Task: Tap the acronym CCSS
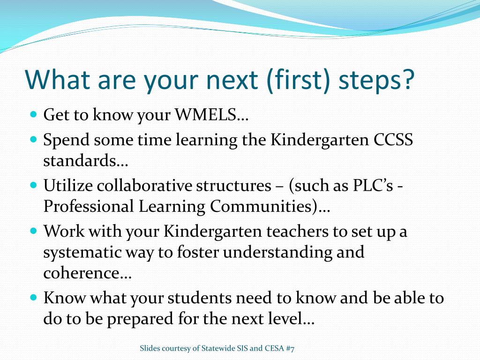tap(393, 140)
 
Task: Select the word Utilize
tap(68, 185)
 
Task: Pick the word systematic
tap(82, 253)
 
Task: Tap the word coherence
tap(82, 273)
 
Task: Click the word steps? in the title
tap(376, 81)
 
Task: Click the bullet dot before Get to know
tap(34, 114)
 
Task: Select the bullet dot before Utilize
tap(34, 185)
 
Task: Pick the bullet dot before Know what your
tap(34, 297)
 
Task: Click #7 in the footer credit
tap(290, 348)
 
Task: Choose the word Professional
tap(89, 206)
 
